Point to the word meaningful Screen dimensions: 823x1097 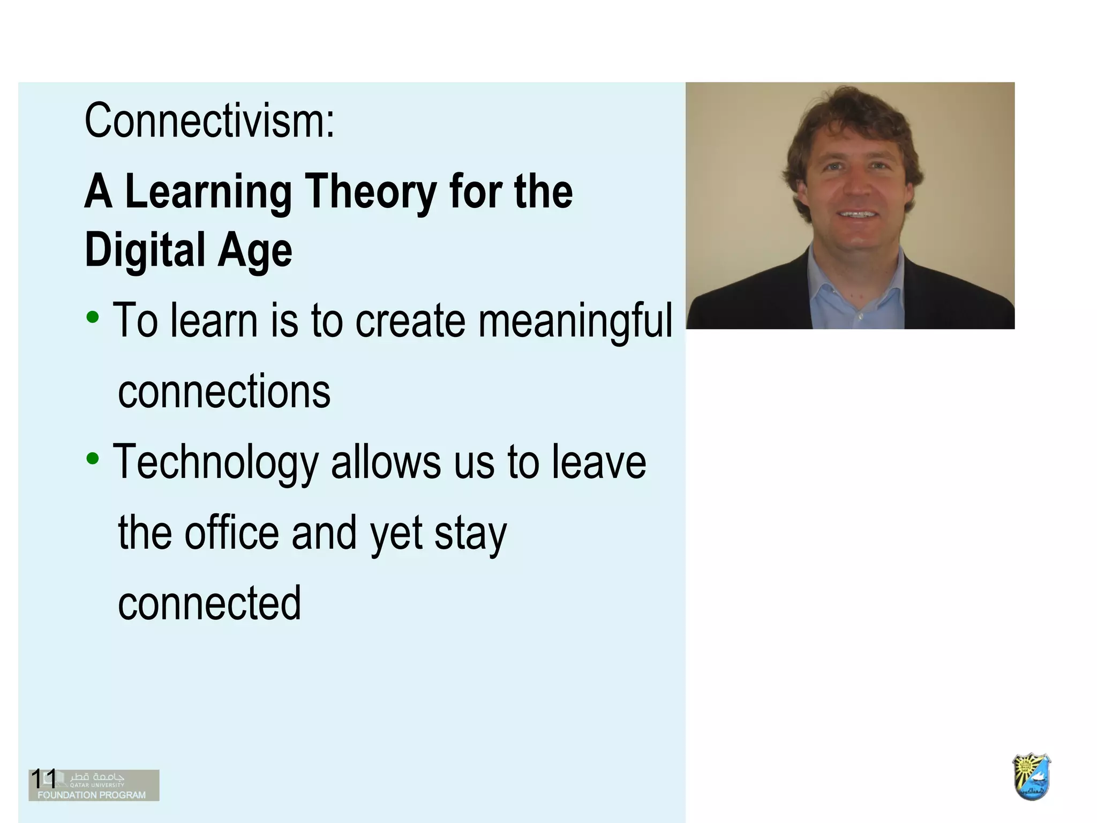[575, 321]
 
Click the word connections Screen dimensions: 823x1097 [224, 391]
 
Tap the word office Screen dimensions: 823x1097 [232, 533]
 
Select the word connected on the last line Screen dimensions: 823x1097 [209, 603]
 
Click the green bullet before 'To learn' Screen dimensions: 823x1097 [93, 317]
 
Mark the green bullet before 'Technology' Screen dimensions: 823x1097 [93, 459]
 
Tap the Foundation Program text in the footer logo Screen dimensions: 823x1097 [92, 795]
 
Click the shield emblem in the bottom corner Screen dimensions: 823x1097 [1031, 776]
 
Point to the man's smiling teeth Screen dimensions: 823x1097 [858, 214]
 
